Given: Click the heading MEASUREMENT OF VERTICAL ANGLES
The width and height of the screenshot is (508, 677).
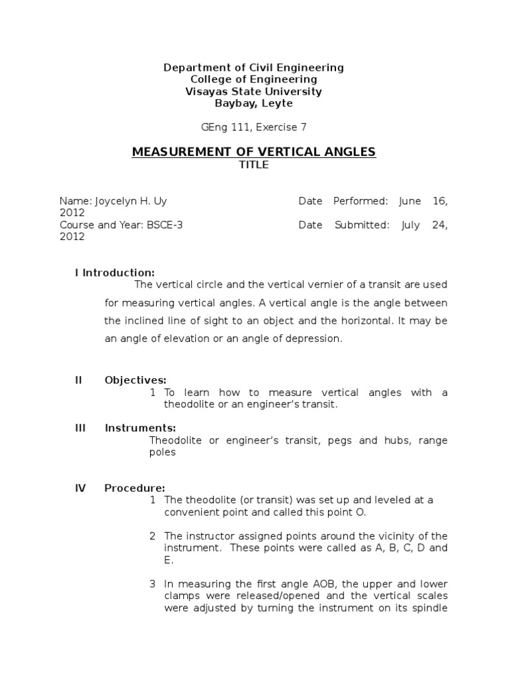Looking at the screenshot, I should [x=254, y=152].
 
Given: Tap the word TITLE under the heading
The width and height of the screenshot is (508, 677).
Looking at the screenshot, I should [x=254, y=165].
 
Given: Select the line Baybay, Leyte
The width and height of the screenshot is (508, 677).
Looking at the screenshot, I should [x=254, y=103].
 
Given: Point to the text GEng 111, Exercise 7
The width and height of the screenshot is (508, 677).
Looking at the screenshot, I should [x=254, y=127].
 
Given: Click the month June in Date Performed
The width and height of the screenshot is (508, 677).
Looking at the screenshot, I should [x=410, y=201].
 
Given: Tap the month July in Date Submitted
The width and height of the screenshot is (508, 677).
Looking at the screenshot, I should [x=411, y=225].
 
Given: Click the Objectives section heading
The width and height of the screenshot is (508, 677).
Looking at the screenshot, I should [x=136, y=380].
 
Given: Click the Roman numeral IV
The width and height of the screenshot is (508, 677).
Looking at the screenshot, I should [x=81, y=489].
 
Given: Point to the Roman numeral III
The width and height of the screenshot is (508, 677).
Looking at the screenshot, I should [x=81, y=428].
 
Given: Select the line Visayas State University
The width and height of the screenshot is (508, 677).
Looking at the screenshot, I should [x=254, y=91].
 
